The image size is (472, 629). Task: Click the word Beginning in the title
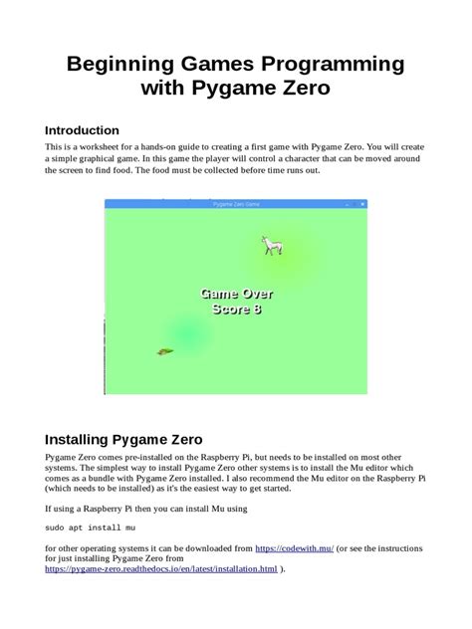(118, 65)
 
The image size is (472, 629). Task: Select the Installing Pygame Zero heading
(124, 439)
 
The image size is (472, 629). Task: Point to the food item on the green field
(165, 350)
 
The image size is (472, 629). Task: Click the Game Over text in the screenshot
(236, 294)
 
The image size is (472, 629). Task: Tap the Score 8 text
(236, 310)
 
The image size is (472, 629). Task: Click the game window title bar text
(236, 203)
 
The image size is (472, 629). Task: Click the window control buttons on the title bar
(354, 203)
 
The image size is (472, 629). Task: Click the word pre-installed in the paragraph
(166, 455)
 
